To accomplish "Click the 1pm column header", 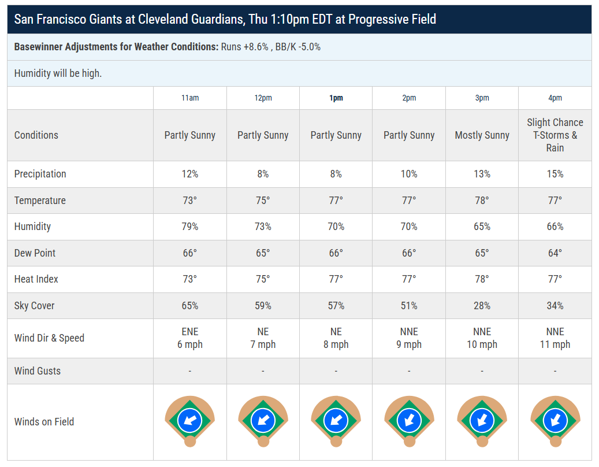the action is [336, 98].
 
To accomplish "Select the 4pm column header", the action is [555, 98].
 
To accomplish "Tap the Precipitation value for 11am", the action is [190, 174].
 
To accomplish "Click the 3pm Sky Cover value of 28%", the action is [482, 306].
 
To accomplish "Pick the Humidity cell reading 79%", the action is [190, 227].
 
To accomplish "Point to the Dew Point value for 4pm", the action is [555, 253].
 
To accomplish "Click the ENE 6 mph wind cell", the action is [190, 338].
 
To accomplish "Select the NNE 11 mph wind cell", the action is [555, 338].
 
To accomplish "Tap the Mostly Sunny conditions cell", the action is [482, 135].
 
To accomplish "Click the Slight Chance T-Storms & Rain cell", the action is [555, 135].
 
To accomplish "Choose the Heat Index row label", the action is [36, 279].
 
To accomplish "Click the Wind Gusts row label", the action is [38, 370].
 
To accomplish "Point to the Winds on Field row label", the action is [44, 421].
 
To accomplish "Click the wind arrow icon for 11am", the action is [190, 420].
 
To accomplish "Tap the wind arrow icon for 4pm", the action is [555, 420].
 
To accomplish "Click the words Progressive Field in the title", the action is [392, 19].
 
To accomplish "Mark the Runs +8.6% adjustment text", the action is [244, 47].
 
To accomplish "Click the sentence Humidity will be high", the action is [58, 73].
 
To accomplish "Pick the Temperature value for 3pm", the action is [482, 200].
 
